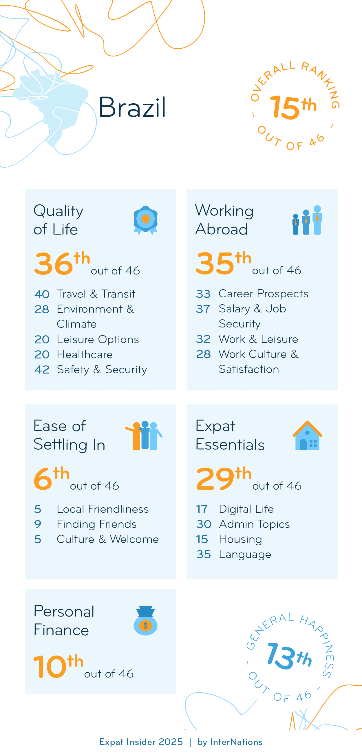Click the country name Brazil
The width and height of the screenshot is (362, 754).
pyautogui.click(x=132, y=107)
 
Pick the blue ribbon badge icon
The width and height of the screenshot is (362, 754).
pyautogui.click(x=145, y=220)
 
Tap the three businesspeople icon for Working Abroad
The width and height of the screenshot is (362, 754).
pyautogui.click(x=307, y=220)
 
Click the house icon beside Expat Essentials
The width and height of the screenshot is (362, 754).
pyautogui.click(x=307, y=435)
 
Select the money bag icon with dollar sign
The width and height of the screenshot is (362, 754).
pyautogui.click(x=145, y=621)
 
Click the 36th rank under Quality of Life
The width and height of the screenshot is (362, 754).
pyautogui.click(x=62, y=263)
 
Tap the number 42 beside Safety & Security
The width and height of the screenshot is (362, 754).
pyautogui.click(x=42, y=370)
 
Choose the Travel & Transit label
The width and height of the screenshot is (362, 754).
pyautogui.click(x=96, y=294)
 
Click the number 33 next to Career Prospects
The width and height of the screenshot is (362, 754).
pyautogui.click(x=203, y=294)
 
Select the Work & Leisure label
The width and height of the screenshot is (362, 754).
pyautogui.click(x=258, y=339)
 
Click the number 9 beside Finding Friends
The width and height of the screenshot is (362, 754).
pyautogui.click(x=38, y=524)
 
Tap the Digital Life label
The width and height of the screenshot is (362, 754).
pyautogui.click(x=246, y=509)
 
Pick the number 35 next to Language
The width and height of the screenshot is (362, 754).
pyautogui.click(x=203, y=554)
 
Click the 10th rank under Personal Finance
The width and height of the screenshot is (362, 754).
pyautogui.click(x=58, y=666)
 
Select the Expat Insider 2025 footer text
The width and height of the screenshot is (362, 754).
pyautogui.click(x=141, y=742)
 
